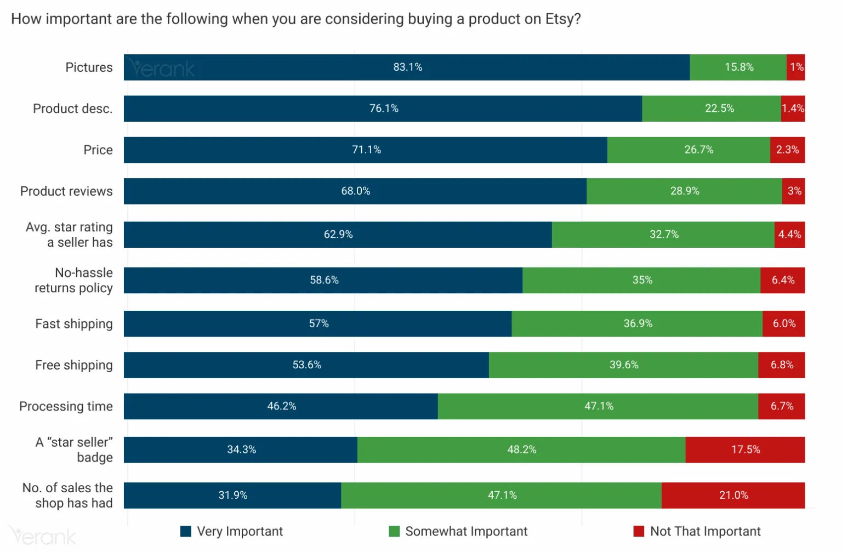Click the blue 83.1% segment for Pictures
pyautogui.click(x=407, y=67)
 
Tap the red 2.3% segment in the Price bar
pyautogui.click(x=787, y=150)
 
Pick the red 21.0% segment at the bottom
pyautogui.click(x=733, y=495)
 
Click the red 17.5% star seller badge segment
pyautogui.click(x=745, y=449)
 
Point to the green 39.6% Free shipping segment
pyautogui.click(x=623, y=365)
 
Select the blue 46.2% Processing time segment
pyautogui.click(x=281, y=406)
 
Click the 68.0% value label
pyautogui.click(x=356, y=191)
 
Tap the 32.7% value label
pyautogui.click(x=664, y=235)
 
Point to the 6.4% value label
pyautogui.click(x=783, y=280)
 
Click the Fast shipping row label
pyautogui.click(x=73, y=324)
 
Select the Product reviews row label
pyautogui.click(x=66, y=191)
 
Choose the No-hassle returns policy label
pyautogui.click(x=73, y=280)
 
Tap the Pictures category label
pyautogui.click(x=89, y=67)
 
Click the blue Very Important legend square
pyautogui.click(x=186, y=531)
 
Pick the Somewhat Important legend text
pyautogui.click(x=466, y=531)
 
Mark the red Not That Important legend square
pyautogui.click(x=639, y=531)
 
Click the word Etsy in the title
pyautogui.click(x=559, y=19)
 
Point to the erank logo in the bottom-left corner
pyautogui.click(x=42, y=536)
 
